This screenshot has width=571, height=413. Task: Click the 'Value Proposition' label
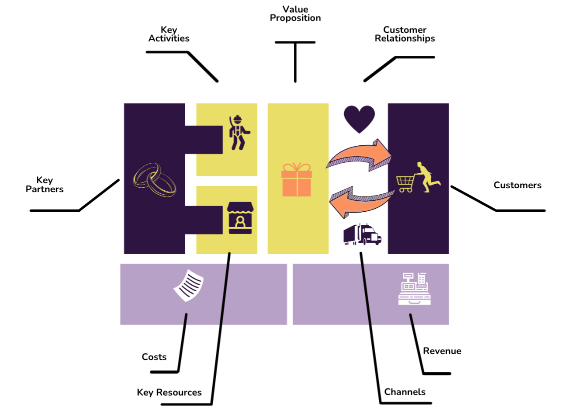coord(295,13)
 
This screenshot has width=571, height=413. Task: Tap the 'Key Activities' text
coord(168,34)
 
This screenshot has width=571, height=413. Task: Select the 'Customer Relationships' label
coord(404,34)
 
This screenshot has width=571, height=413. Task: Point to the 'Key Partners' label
coord(44,184)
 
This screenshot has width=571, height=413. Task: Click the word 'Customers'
coord(517,185)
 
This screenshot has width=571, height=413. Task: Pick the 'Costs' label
coord(154,357)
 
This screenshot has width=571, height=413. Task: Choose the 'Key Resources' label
coord(169,392)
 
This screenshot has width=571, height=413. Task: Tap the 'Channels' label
coord(405,392)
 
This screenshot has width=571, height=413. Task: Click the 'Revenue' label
coord(442,351)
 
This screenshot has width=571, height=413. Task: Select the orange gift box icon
coord(296,180)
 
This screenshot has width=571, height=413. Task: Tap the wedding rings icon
coord(155,180)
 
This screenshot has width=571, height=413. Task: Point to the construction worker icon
coord(239,133)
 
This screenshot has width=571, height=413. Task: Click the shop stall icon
coord(240,218)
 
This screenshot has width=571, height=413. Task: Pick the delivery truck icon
coord(362,234)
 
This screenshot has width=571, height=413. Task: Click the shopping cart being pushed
coord(405,184)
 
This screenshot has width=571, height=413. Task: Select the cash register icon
coord(414,289)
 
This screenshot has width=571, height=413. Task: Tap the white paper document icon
coord(188,285)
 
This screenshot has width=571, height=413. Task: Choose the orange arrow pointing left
coord(361,202)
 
